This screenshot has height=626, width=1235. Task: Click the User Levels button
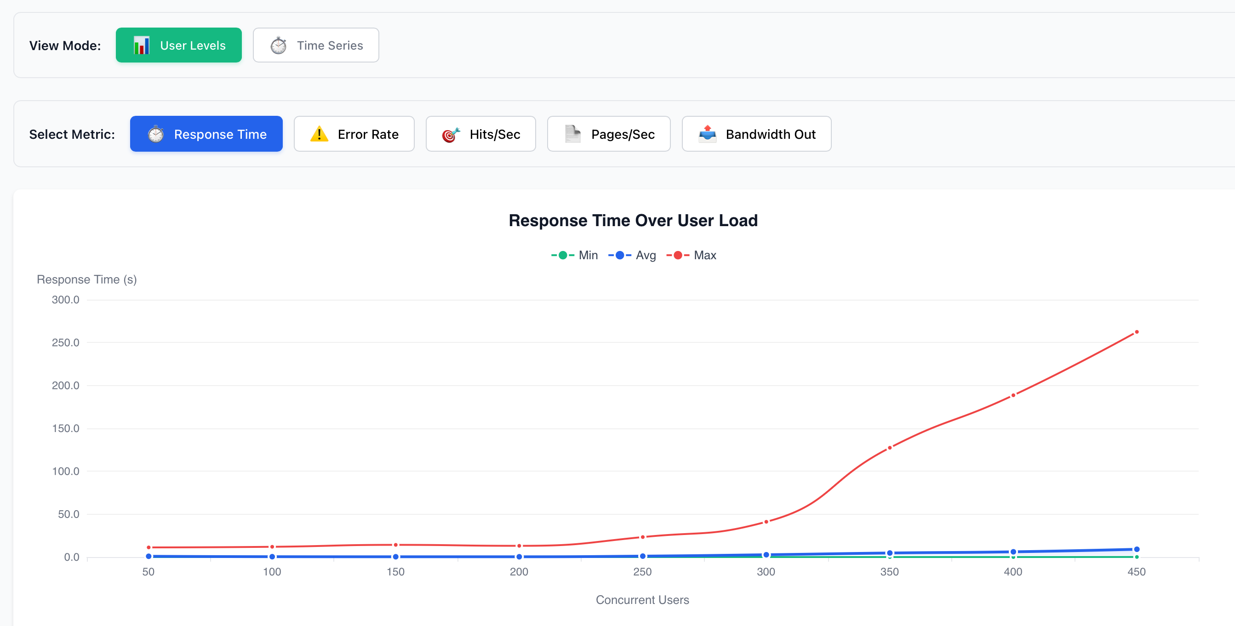click(x=178, y=45)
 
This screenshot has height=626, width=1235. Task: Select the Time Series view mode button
click(x=315, y=45)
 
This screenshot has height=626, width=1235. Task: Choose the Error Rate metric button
click(x=354, y=134)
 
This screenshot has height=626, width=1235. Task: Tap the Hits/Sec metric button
click(x=480, y=134)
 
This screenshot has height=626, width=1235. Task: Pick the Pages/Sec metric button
click(x=608, y=134)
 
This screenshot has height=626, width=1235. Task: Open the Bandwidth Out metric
click(x=756, y=134)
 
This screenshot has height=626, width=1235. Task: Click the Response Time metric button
click(x=206, y=134)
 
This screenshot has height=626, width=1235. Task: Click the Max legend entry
click(x=692, y=255)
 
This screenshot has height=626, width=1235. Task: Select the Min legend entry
click(x=575, y=255)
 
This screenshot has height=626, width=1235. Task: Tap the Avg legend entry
click(x=632, y=255)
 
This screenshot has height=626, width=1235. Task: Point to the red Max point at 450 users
click(x=1136, y=332)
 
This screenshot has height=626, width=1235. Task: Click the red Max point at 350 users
click(x=889, y=448)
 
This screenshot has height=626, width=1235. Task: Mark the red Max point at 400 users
click(x=1013, y=395)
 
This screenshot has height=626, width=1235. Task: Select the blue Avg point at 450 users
click(x=1136, y=549)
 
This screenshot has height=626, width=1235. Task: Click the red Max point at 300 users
click(x=766, y=522)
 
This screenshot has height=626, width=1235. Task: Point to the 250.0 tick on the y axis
click(x=66, y=343)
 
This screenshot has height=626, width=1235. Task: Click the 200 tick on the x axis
click(x=519, y=572)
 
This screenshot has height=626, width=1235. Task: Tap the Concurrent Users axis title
click(x=642, y=600)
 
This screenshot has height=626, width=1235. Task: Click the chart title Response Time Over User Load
click(x=633, y=221)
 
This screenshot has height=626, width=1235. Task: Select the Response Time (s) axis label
click(x=87, y=279)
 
